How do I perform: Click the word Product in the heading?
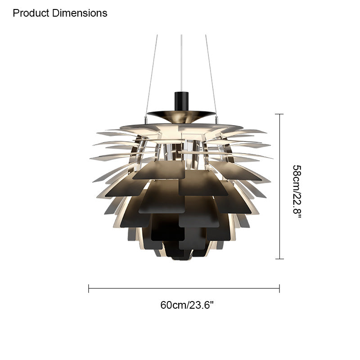click(31, 13)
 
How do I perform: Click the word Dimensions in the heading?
click(80, 13)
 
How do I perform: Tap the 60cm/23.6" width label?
click(187, 305)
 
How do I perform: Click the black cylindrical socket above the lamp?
click(181, 101)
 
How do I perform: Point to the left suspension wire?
click(152, 76)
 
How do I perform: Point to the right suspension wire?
click(211, 76)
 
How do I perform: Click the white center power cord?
click(181, 63)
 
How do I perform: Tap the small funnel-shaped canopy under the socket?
click(181, 117)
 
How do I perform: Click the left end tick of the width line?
click(89, 288)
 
